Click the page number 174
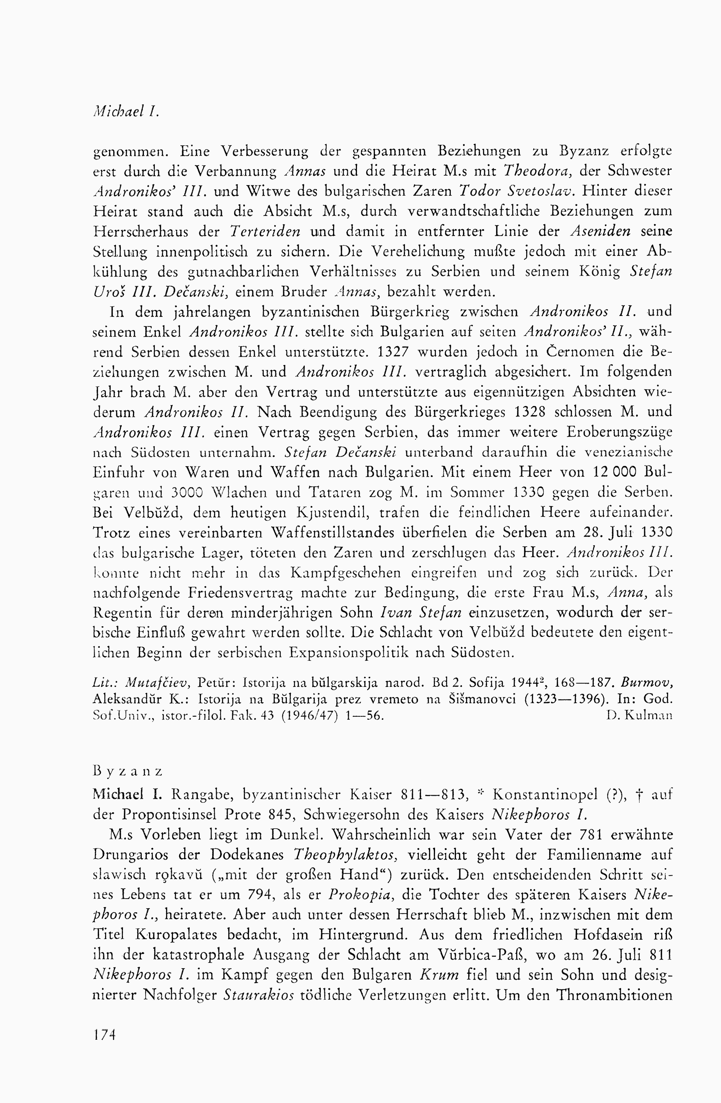(104, 1034)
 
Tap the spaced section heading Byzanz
(128, 771)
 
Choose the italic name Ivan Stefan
(420, 613)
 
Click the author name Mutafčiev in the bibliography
(158, 683)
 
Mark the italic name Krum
(439, 975)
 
